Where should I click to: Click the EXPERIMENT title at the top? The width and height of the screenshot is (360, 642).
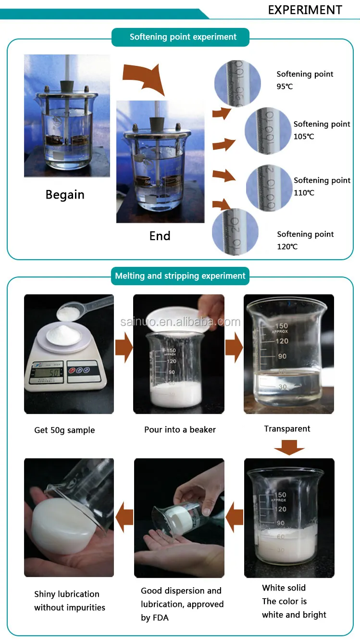tap(305, 10)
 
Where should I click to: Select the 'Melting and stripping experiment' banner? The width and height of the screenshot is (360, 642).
tap(180, 276)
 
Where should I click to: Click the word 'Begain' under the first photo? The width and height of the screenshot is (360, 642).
tap(65, 195)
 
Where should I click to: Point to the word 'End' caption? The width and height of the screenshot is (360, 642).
tap(160, 236)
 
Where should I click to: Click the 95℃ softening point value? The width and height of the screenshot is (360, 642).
tap(285, 87)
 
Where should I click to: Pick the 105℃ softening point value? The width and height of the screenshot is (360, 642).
tap(304, 137)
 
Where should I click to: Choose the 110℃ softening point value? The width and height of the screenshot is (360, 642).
tap(304, 193)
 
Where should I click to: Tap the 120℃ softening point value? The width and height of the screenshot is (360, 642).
tap(287, 247)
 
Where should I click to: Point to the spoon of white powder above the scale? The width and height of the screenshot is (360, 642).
tap(70, 313)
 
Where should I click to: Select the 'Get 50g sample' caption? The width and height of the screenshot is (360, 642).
tap(64, 430)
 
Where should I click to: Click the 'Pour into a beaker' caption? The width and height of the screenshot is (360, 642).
tap(180, 429)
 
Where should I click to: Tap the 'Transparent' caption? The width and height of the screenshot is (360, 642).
tap(287, 428)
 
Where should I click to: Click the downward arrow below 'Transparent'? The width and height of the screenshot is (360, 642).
tap(289, 449)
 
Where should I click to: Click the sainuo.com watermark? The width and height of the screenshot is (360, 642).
tap(180, 322)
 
